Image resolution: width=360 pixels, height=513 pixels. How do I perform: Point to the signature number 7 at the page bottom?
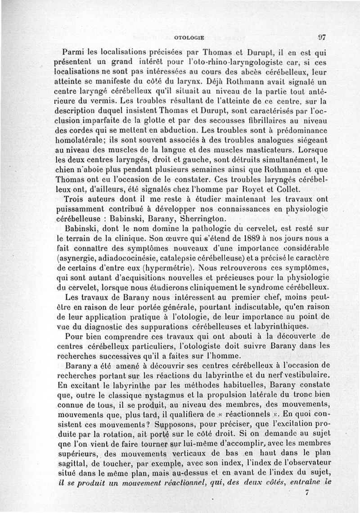(x=307, y=493)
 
